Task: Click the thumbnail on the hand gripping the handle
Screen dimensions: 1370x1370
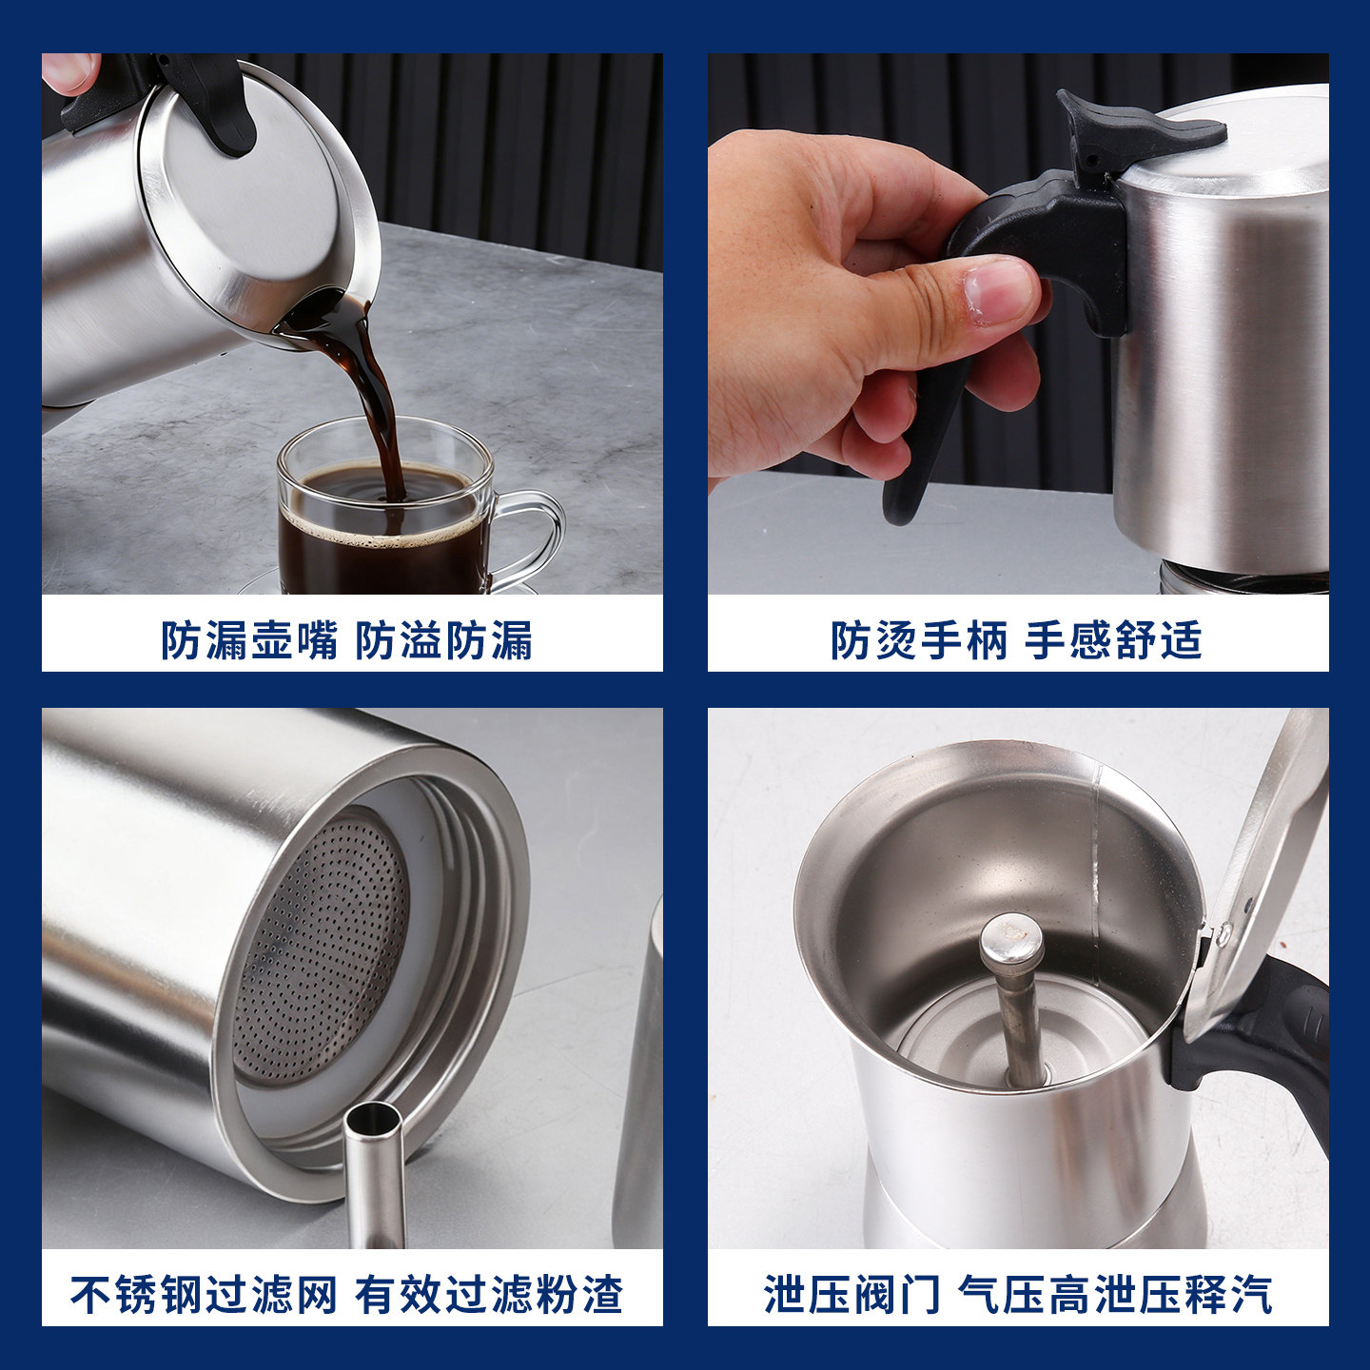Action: [x=999, y=289]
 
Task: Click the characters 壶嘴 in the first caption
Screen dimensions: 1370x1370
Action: [x=295, y=640]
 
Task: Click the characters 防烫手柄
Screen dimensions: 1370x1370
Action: [x=919, y=640]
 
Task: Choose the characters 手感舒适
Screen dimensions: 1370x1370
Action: [x=1113, y=640]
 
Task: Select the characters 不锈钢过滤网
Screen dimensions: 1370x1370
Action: [x=204, y=1295]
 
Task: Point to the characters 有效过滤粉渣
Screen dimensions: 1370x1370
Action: [x=489, y=1295]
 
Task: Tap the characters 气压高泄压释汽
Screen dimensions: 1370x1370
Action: [x=1114, y=1295]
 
